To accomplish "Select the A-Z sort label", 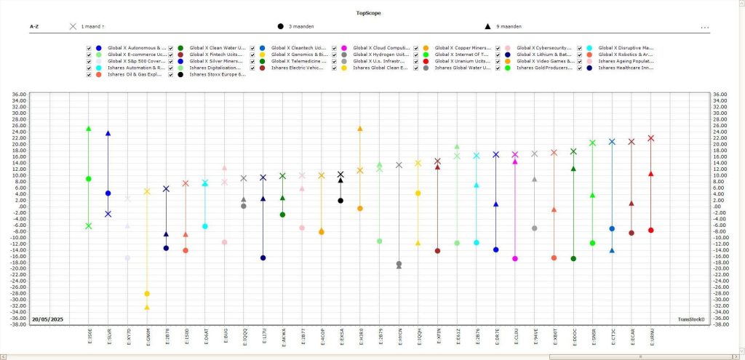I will pyautogui.click(x=34, y=27).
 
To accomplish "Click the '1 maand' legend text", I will pyautogui.click(x=93, y=27).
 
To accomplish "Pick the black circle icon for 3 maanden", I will pyautogui.click(x=281, y=27).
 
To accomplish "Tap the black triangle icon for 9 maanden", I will pyautogui.click(x=487, y=27).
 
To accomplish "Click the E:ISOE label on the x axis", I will pyautogui.click(x=89, y=337).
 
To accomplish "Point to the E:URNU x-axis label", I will pyautogui.click(x=651, y=337).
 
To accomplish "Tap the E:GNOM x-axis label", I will pyautogui.click(x=147, y=337).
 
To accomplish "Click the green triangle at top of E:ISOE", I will pyautogui.click(x=89, y=129).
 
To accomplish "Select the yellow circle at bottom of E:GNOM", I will pyautogui.click(x=147, y=294).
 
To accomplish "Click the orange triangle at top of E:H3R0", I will pyautogui.click(x=359, y=129).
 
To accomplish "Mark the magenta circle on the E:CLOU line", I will pyautogui.click(x=515, y=259).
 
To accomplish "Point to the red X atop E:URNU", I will pyautogui.click(x=651, y=138).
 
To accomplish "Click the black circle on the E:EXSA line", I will pyautogui.click(x=340, y=201).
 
